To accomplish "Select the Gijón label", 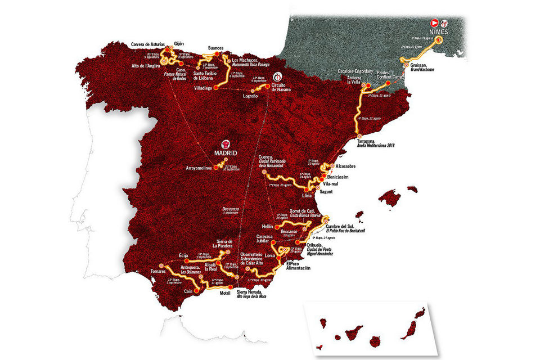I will coord(179,43).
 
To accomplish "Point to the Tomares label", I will coord(158,272).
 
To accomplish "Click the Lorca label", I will coord(271,256).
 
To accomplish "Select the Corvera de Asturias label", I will coord(148,43).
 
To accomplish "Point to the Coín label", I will coord(190,292).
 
